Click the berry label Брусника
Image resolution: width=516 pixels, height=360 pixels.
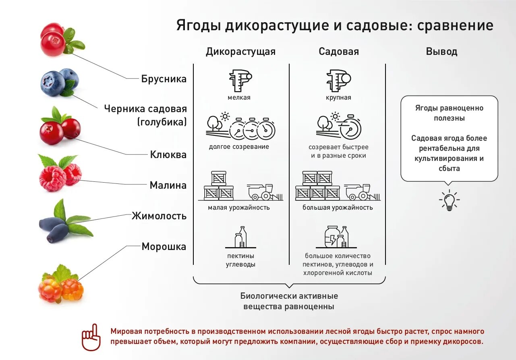[x=164, y=79]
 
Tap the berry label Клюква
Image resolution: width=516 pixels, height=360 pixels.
[x=168, y=154]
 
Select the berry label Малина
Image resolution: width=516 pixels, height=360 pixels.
[x=168, y=185]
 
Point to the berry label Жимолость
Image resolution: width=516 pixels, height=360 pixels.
[x=159, y=216]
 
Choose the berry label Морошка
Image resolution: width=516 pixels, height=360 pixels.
[x=164, y=247]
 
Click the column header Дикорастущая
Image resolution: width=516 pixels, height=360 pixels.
[x=240, y=52]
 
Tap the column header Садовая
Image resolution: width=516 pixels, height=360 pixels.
[x=338, y=52]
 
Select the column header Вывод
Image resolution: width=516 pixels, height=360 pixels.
[x=441, y=52]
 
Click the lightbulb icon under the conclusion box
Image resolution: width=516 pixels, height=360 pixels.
[x=449, y=200]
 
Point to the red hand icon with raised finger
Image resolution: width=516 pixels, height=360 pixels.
[x=91, y=337]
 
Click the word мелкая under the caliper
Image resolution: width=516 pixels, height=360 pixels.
[x=239, y=98]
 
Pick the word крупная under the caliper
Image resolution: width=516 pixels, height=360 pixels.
[x=338, y=98]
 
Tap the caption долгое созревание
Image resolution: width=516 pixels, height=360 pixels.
[x=239, y=147]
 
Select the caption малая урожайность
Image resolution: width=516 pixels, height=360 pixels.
[x=239, y=208]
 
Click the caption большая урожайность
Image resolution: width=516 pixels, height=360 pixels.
[x=338, y=208]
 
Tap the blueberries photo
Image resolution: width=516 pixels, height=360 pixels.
[x=59, y=82]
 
